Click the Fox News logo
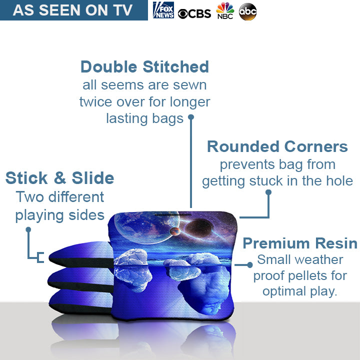[163, 10]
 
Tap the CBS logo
[194, 13]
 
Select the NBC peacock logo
[225, 10]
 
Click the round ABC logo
[247, 11]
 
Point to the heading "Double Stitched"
[144, 66]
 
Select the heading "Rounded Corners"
[277, 146]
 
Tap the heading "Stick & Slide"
[59, 178]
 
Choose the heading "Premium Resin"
[299, 243]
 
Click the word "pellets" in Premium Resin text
[311, 276]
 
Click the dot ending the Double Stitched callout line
[190, 117]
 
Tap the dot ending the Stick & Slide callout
[28, 230]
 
